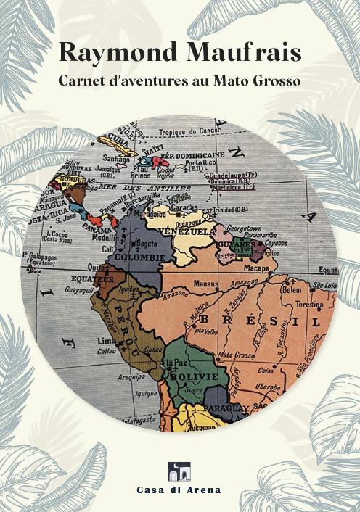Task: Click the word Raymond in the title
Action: click(x=116, y=53)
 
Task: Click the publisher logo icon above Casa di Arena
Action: click(x=179, y=471)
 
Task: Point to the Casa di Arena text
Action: click(x=179, y=490)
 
